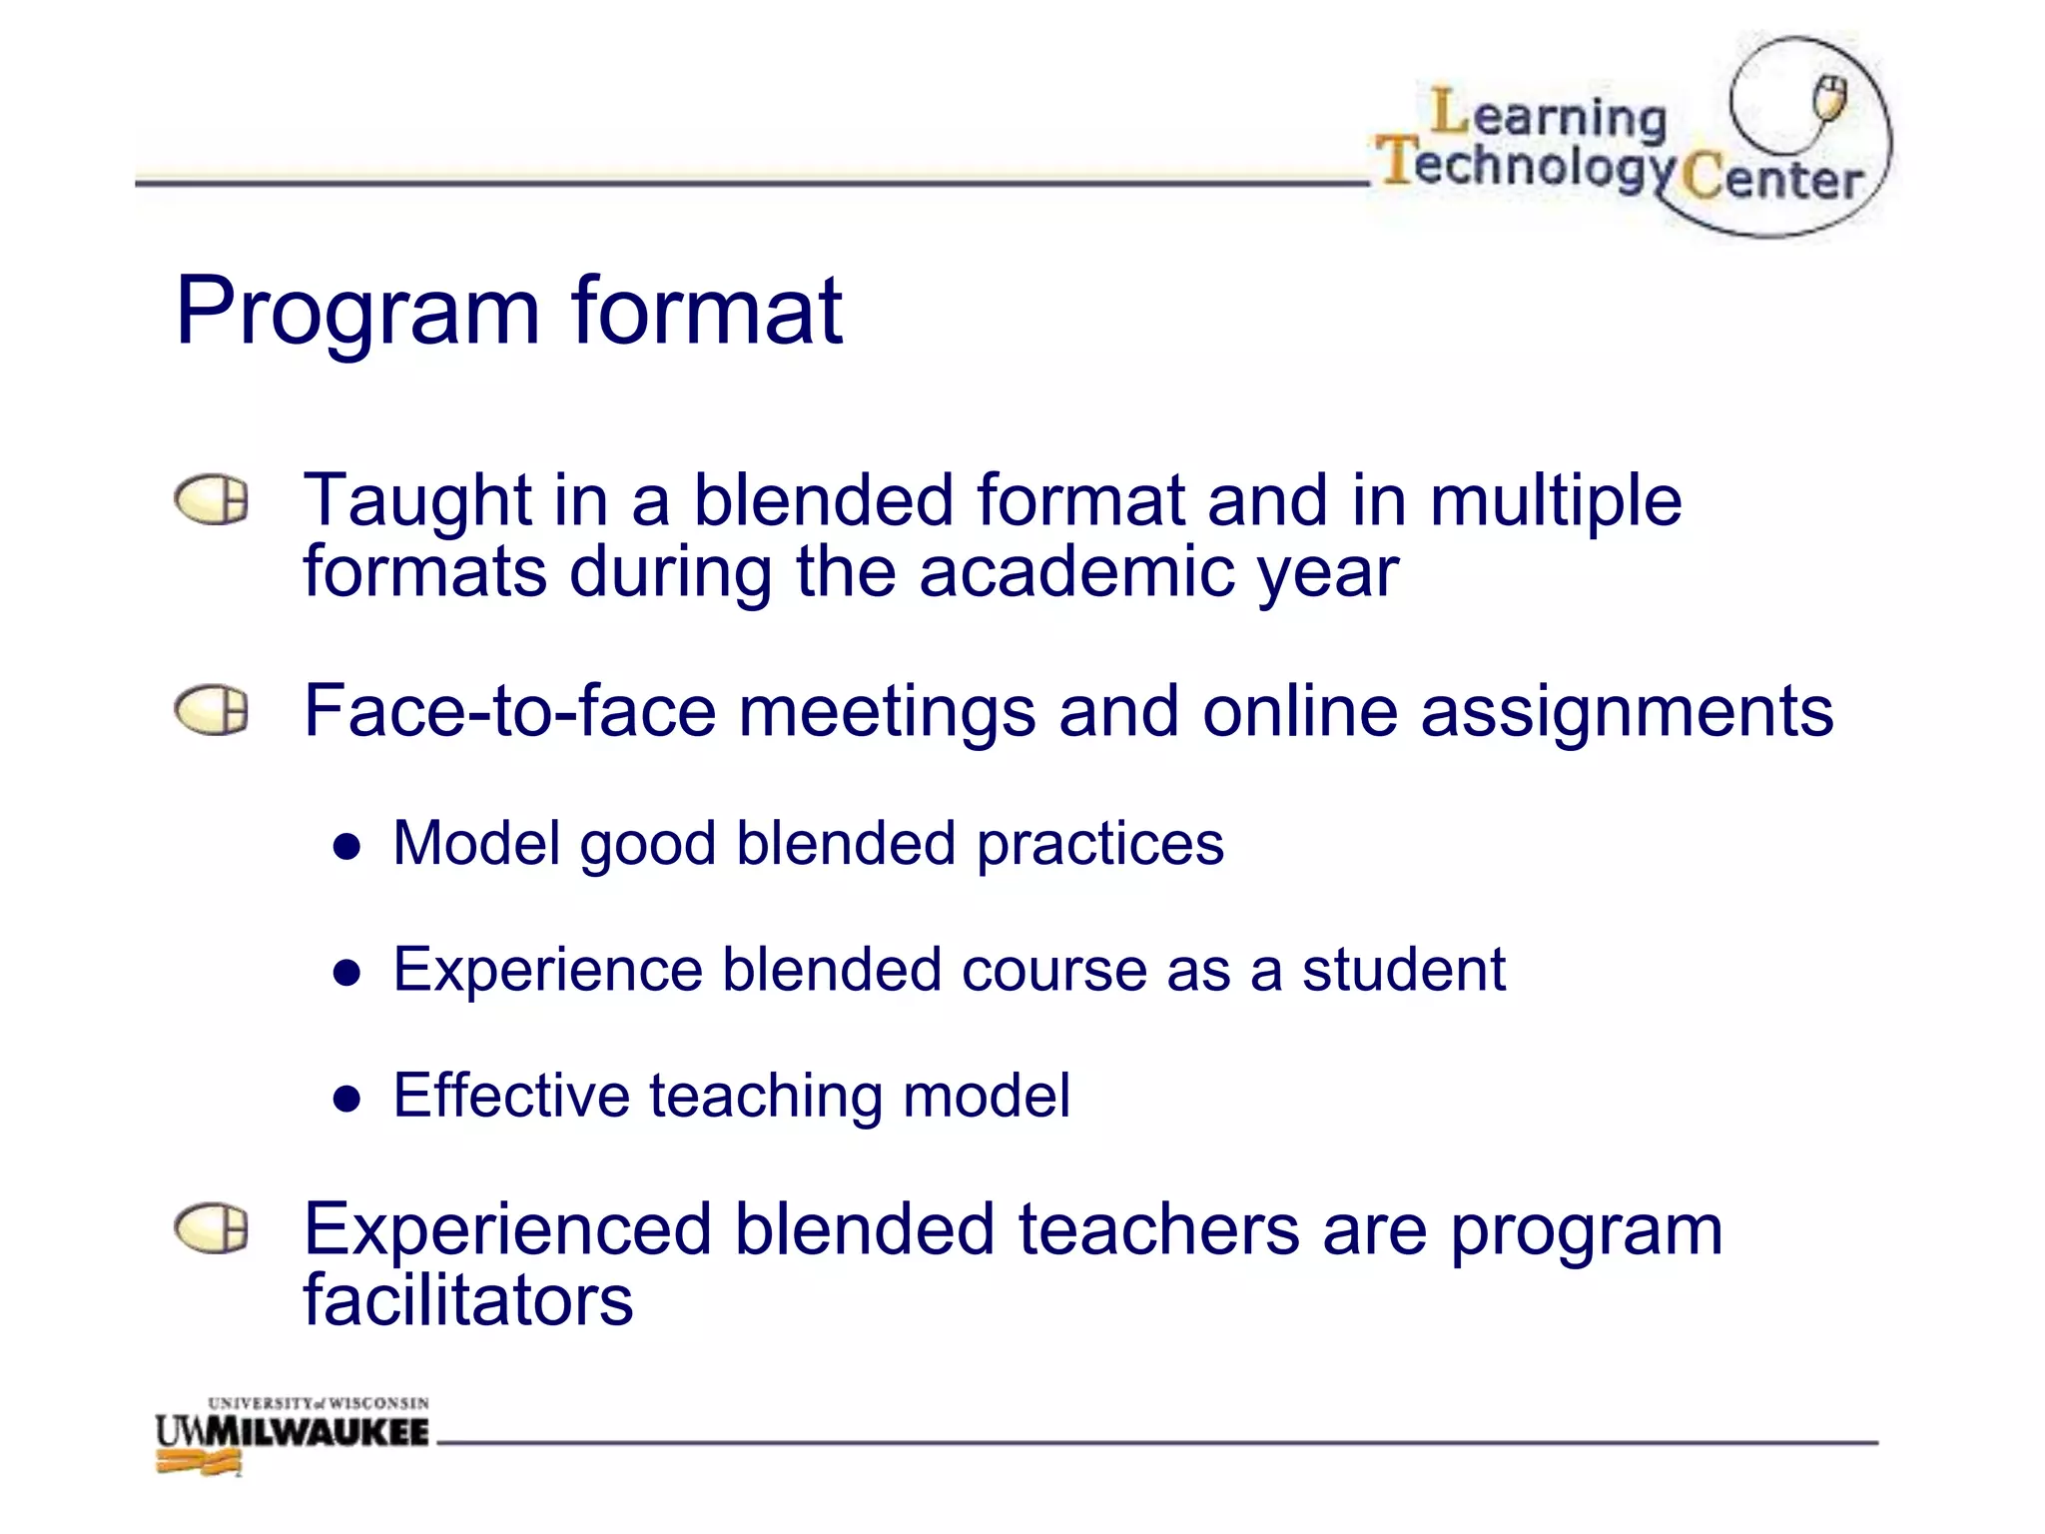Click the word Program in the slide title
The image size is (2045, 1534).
point(356,314)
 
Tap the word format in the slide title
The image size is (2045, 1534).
point(707,312)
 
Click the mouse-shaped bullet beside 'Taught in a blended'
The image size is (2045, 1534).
point(211,499)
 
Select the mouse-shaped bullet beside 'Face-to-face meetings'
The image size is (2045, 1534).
point(211,711)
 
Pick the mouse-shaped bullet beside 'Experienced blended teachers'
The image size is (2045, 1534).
point(211,1228)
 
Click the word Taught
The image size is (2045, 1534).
point(418,500)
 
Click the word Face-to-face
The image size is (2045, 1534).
point(509,711)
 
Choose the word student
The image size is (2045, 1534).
point(1403,970)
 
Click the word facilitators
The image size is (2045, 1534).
point(468,1300)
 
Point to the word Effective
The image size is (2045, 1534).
point(510,1096)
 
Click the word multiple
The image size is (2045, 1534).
point(1556,500)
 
